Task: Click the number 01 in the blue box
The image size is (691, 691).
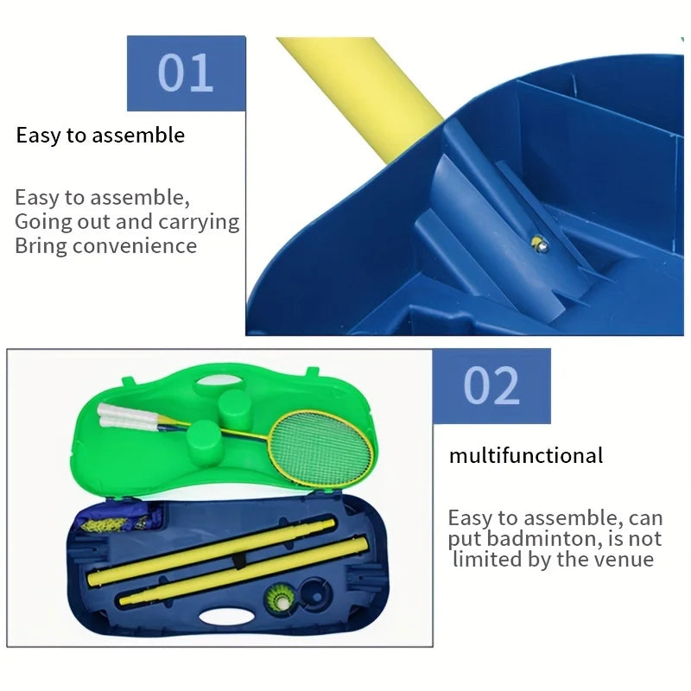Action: (186, 73)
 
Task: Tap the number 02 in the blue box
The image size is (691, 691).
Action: (491, 385)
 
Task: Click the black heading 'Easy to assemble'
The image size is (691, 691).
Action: (100, 136)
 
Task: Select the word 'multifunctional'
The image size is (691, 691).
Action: (526, 455)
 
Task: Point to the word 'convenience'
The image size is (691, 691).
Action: (135, 246)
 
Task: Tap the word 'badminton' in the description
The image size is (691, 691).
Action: (545, 539)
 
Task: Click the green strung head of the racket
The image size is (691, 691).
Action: (321, 447)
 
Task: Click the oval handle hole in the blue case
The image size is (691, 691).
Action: (226, 617)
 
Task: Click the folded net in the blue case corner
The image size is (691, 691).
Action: (119, 519)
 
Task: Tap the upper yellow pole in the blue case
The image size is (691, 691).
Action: (212, 552)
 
